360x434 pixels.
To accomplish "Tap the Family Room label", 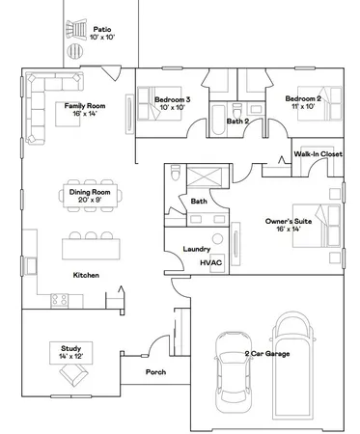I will tap(85, 109).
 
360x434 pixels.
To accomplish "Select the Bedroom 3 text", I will tap(175, 103).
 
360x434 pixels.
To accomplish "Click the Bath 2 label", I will tap(238, 122).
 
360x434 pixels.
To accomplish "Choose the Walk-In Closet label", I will tap(318, 152).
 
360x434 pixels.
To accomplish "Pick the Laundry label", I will tap(197, 250).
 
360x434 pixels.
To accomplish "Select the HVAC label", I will tap(210, 262).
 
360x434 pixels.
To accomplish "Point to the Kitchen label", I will tap(87, 275).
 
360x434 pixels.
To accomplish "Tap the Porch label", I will tap(156, 371).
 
